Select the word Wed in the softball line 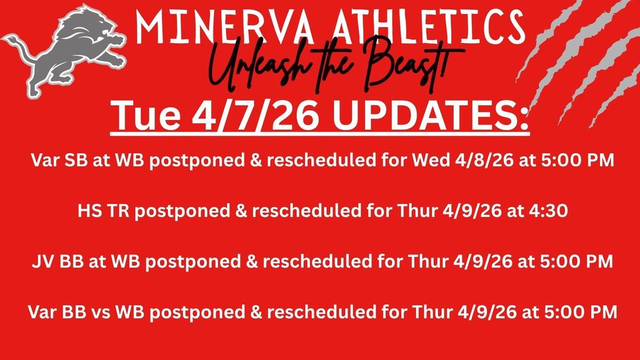[431, 161]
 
